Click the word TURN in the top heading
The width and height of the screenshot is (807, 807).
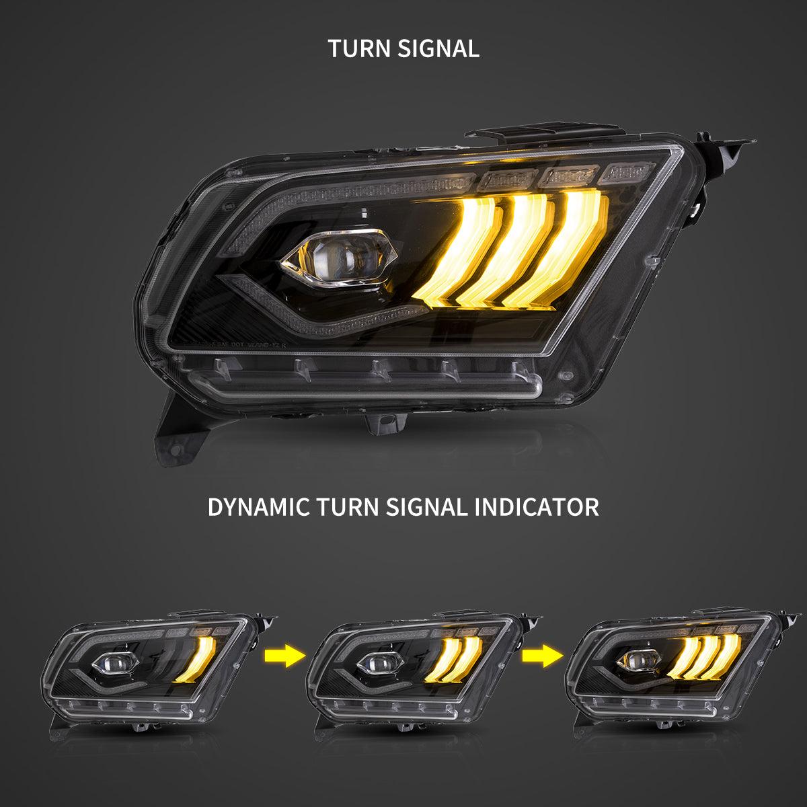point(360,48)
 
